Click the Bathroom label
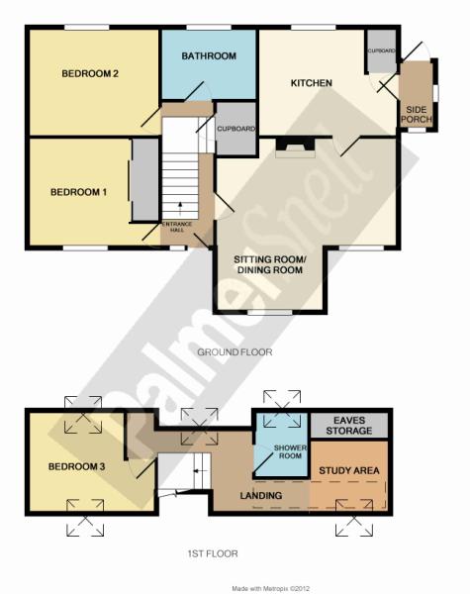point(209,56)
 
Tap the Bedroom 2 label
point(90,73)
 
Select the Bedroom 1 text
point(78,192)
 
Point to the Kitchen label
point(312,83)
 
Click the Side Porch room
point(416,95)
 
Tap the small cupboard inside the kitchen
point(382,51)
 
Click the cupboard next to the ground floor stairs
point(235,129)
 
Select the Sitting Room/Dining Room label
point(269,264)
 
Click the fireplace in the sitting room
point(296,147)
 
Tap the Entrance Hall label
point(177,227)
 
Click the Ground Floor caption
point(235,352)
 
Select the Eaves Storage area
point(349,426)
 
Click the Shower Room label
point(290,451)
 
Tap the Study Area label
point(349,471)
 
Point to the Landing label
point(261,495)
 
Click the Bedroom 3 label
point(76,466)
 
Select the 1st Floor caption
point(213,553)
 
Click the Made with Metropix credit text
point(271,589)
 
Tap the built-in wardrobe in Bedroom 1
point(145,179)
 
